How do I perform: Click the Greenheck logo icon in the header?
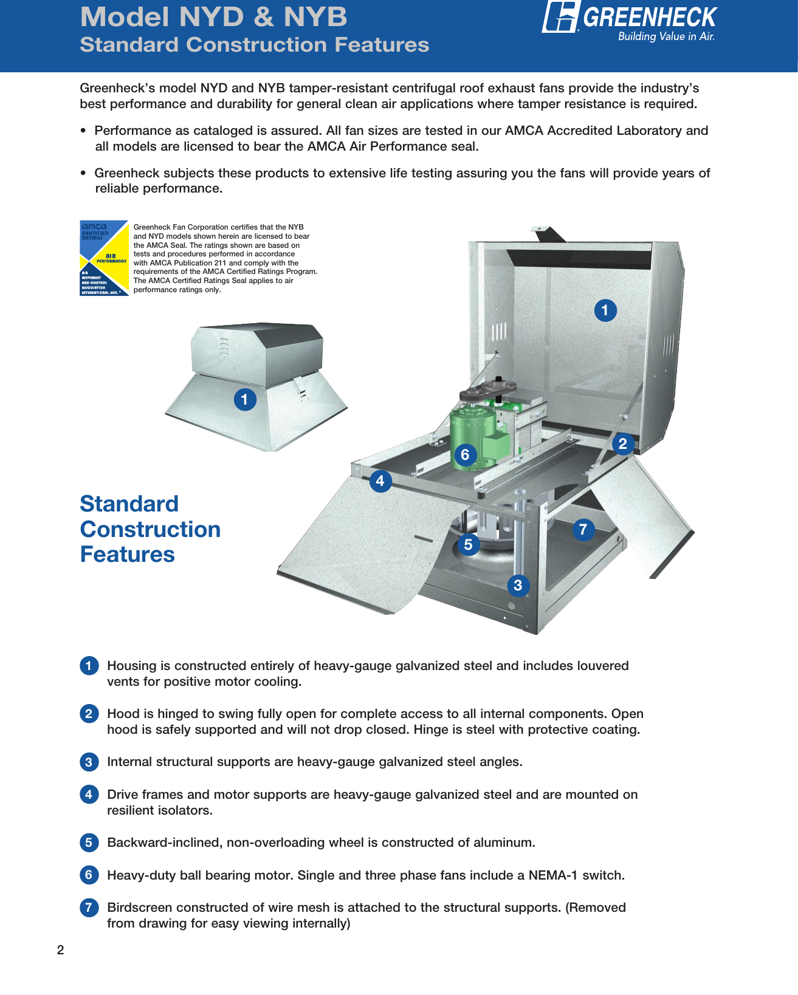pos(560,16)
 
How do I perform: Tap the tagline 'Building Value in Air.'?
pos(666,36)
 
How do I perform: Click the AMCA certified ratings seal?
pos(104,258)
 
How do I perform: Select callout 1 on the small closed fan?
pos(245,400)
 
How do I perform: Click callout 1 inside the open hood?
pos(605,310)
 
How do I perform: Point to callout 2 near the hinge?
pos(622,444)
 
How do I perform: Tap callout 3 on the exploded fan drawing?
pos(518,586)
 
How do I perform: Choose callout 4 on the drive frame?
pos(380,481)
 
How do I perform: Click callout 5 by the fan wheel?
pos(468,544)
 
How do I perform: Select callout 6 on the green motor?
pos(465,454)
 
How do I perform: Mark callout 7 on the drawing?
pos(583,530)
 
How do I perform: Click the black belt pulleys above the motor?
pos(488,389)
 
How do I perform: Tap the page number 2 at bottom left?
pos(60,950)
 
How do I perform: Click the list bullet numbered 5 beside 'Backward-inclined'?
pos(89,843)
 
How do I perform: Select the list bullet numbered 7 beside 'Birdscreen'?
pos(89,908)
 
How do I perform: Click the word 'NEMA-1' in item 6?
pos(553,875)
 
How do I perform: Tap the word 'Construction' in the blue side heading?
pos(150,529)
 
